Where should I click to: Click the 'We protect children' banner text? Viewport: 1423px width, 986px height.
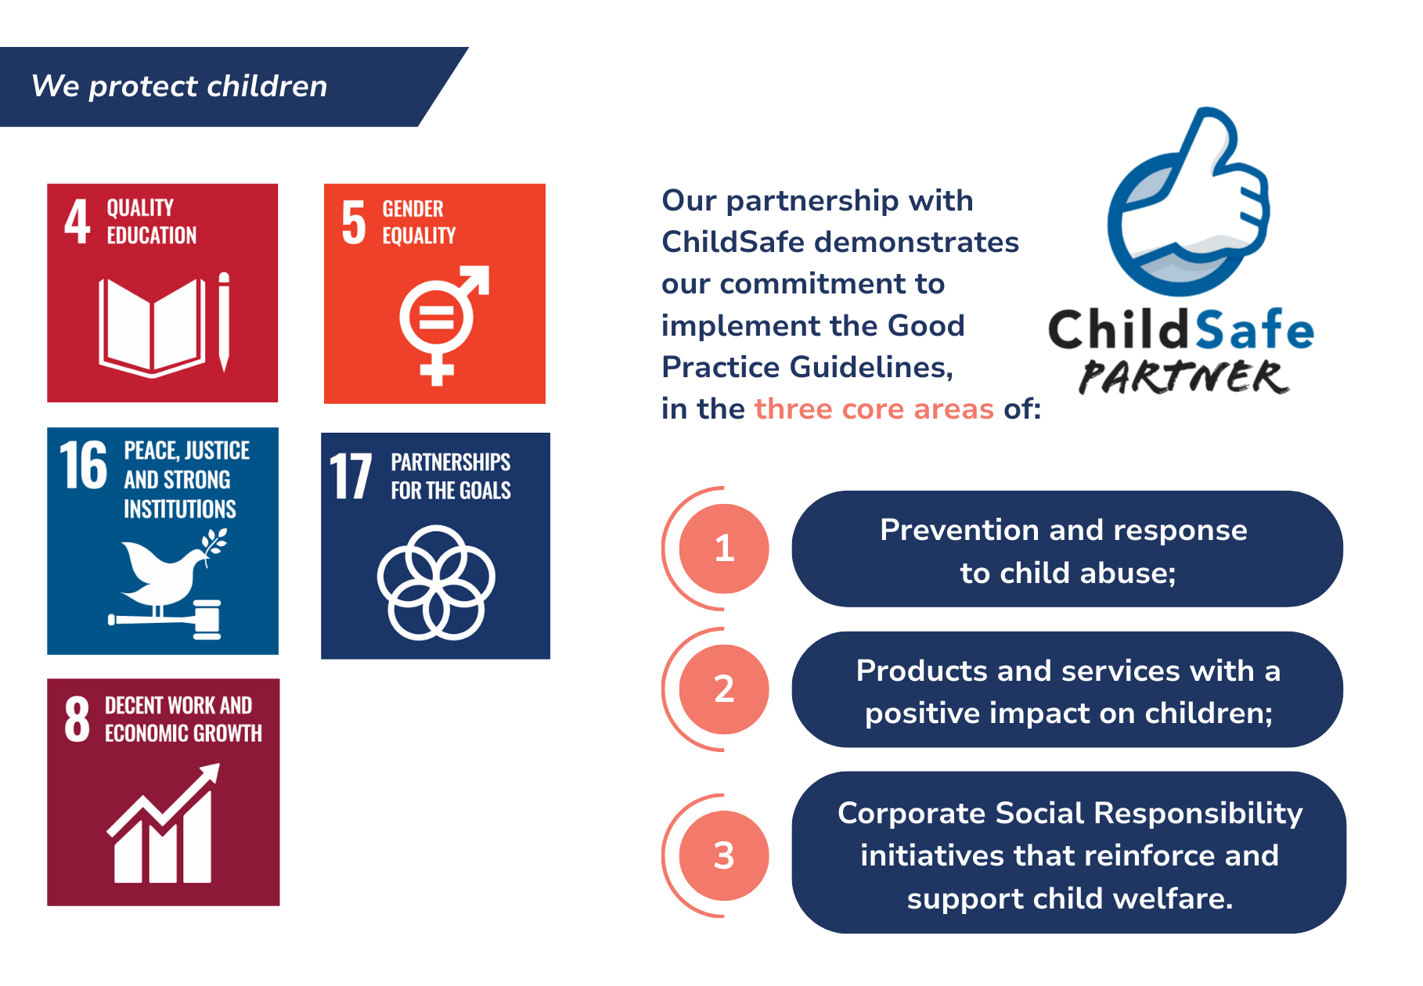pyautogui.click(x=179, y=86)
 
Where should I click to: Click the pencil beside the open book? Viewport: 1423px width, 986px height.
pyautogui.click(x=224, y=322)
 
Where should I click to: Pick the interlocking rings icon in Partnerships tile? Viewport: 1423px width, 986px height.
pyautogui.click(x=436, y=582)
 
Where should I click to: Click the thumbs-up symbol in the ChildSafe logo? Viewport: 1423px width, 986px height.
pyautogui.click(x=1189, y=201)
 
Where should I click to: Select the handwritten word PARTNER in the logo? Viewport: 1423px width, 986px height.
pyautogui.click(x=1183, y=376)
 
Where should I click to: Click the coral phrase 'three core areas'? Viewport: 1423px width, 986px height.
pyautogui.click(x=874, y=408)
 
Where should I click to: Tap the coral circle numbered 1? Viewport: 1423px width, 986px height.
pyautogui.click(x=724, y=549)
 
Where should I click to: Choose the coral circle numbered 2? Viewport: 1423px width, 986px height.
pyautogui.click(x=724, y=689)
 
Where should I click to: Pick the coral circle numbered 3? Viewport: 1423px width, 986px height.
pyautogui.click(x=724, y=855)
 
